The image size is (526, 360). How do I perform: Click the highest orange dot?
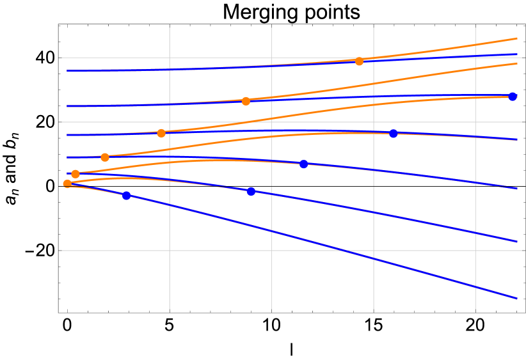click(x=359, y=61)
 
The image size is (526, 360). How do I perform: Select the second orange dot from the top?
click(x=246, y=101)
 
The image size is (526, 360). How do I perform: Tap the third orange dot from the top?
click(x=161, y=133)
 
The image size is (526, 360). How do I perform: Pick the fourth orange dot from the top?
click(x=105, y=157)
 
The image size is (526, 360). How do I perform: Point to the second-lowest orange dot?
click(x=76, y=174)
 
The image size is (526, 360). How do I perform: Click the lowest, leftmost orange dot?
click(x=67, y=184)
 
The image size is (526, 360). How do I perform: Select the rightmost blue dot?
click(x=513, y=97)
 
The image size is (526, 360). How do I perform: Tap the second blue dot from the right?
click(x=394, y=134)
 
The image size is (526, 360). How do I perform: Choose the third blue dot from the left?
click(x=304, y=164)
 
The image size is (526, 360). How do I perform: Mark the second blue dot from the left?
click(x=251, y=191)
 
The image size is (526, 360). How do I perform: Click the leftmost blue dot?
click(x=127, y=196)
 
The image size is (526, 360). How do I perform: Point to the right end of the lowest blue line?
click(x=517, y=298)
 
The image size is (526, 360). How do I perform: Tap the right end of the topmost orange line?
click(x=517, y=38)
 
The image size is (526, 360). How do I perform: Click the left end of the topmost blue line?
click(x=67, y=70)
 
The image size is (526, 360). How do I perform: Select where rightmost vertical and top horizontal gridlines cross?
click(x=475, y=58)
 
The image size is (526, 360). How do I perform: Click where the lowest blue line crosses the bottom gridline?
click(x=346, y=251)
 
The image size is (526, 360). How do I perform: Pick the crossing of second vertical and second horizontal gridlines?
click(x=271, y=121)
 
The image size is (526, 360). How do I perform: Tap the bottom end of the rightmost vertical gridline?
click(x=475, y=312)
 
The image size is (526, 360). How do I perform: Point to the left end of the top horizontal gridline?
click(x=60, y=58)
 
